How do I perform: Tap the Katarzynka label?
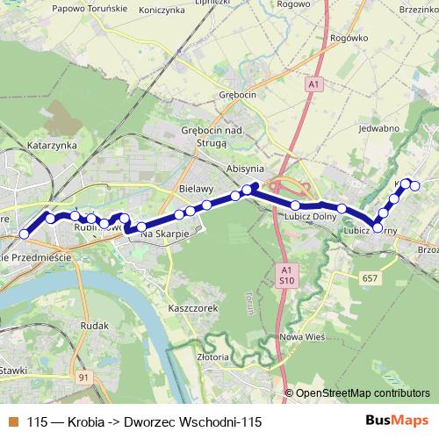tap(53, 145)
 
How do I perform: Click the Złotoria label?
tap(213, 357)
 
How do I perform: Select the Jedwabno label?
tap(379, 128)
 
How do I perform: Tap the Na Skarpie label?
tap(164, 234)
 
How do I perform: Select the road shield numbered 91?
tap(84, 378)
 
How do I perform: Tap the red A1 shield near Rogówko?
tap(314, 83)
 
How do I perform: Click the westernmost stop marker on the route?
tap(24, 234)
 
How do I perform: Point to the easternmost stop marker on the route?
tap(415, 185)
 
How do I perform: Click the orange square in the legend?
tap(13, 421)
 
